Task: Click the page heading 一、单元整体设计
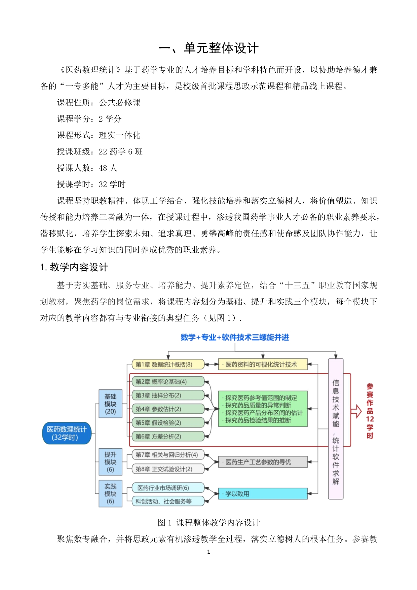[x=208, y=48]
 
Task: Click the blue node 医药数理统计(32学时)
[x=67, y=433]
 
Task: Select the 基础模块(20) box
[x=110, y=404]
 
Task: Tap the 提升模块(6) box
[x=110, y=462]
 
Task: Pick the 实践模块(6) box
[x=110, y=493]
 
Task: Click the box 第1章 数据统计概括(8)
[x=168, y=365]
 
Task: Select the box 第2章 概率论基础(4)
[x=168, y=382]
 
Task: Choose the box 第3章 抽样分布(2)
[x=168, y=395]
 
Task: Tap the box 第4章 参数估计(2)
[x=168, y=409]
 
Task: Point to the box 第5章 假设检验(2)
[x=168, y=423]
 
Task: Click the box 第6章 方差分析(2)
[x=168, y=437]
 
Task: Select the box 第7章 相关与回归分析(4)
[x=168, y=455]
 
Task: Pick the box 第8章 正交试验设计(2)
[x=168, y=469]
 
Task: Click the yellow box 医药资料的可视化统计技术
[x=263, y=365]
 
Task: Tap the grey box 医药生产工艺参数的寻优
[x=263, y=462]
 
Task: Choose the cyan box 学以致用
[x=263, y=494]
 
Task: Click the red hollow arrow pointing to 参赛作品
[x=356, y=411]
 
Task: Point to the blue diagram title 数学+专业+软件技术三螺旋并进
[x=235, y=337]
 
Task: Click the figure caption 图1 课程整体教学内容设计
[x=208, y=522]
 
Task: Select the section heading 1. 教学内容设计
[x=74, y=267]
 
